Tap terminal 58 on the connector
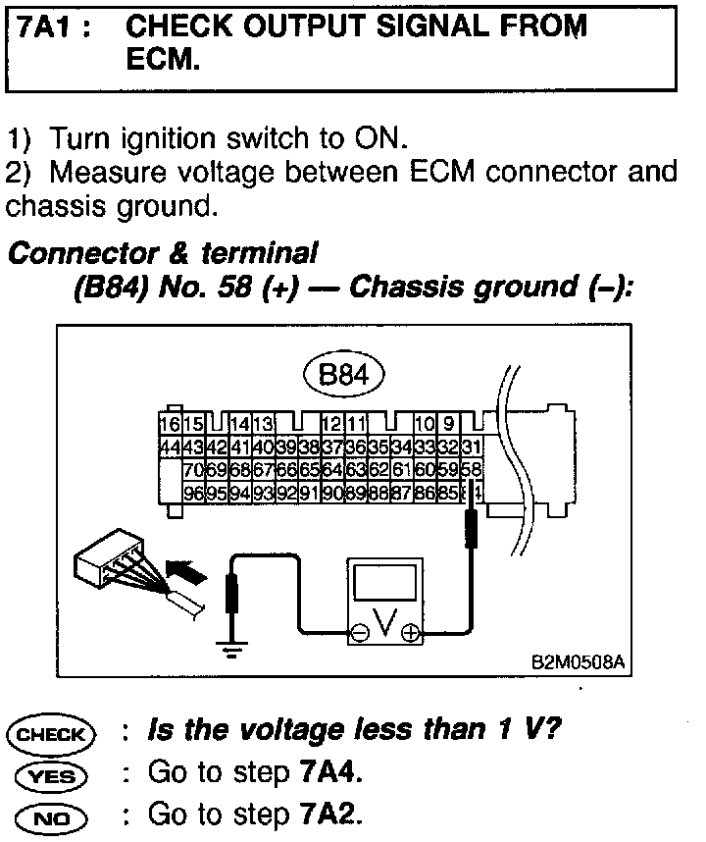472,469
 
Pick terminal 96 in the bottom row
193,492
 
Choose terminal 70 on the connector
193,469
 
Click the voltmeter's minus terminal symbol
360,634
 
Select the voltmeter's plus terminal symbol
409,634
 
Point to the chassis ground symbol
232,648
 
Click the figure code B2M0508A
576,661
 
